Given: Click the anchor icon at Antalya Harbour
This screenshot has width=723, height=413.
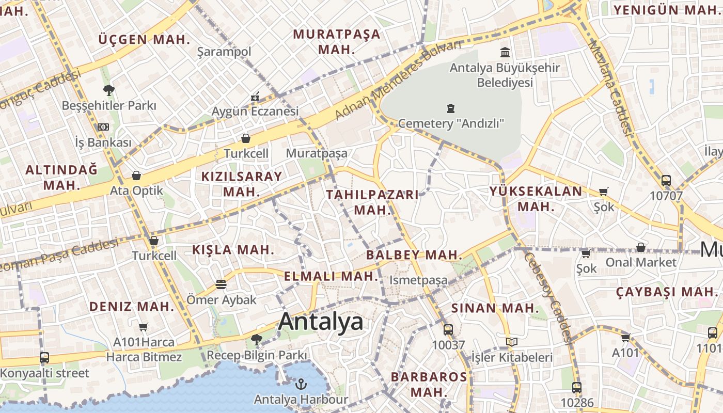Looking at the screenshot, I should pyautogui.click(x=301, y=384).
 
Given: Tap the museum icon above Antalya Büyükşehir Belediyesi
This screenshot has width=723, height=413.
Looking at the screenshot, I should pyautogui.click(x=505, y=52).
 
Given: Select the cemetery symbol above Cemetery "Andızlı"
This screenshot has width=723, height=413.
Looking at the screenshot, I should pyautogui.click(x=451, y=108).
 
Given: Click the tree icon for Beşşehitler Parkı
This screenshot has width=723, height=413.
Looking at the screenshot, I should pyautogui.click(x=108, y=90).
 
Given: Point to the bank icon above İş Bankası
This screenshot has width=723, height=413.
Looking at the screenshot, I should pyautogui.click(x=103, y=127).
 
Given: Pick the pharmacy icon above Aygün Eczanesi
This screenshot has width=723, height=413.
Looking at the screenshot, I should pyautogui.click(x=255, y=97).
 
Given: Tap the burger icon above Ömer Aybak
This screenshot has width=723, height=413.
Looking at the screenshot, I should pyautogui.click(x=221, y=284).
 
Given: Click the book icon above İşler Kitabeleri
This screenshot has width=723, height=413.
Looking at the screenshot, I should pyautogui.click(x=511, y=342).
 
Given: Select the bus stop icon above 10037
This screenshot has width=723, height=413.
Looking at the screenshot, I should pyautogui.click(x=448, y=329).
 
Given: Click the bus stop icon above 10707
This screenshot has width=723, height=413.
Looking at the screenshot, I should pyautogui.click(x=666, y=181).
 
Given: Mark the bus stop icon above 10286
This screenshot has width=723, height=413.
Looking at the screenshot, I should pyautogui.click(x=577, y=387).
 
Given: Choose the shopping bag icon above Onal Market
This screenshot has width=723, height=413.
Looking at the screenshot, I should pyautogui.click(x=640, y=247).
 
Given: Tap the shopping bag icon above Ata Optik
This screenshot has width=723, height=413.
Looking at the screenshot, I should pyautogui.click(x=136, y=176).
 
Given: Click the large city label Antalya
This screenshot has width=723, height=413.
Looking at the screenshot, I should pyautogui.click(x=320, y=322).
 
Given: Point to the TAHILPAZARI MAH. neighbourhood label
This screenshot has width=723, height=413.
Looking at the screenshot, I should pyautogui.click(x=372, y=202).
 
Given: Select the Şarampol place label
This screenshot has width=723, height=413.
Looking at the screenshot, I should pyautogui.click(x=224, y=52).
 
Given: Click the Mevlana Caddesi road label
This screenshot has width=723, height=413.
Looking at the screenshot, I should pyautogui.click(x=610, y=88).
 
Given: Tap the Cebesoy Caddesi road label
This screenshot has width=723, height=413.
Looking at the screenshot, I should pyautogui.click(x=548, y=297).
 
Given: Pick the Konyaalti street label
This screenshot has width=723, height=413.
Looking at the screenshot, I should pyautogui.click(x=45, y=373).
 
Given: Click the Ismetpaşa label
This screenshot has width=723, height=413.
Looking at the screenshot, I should pyautogui.click(x=418, y=280).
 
